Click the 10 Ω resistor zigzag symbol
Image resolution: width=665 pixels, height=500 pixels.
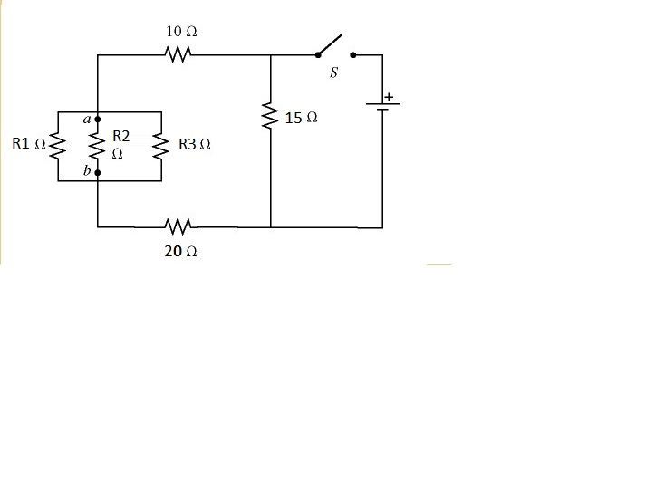(179, 55)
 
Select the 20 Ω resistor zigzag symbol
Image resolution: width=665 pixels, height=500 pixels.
(179, 226)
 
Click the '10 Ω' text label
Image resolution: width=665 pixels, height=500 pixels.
(181, 31)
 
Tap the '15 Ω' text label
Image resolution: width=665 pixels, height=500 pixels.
(300, 119)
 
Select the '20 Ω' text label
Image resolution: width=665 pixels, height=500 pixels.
(180, 252)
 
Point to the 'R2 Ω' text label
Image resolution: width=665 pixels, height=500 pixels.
(120, 144)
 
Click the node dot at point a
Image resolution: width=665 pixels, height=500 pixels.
(97, 119)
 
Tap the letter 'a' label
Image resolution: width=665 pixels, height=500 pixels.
(85, 118)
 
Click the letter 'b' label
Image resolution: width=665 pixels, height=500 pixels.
(86, 172)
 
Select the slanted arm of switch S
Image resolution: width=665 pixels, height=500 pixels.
(330, 44)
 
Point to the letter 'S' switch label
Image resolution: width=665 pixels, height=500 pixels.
(334, 73)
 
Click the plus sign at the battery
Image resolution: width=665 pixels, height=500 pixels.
(390, 96)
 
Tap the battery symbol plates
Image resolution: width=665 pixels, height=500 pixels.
(382, 107)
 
